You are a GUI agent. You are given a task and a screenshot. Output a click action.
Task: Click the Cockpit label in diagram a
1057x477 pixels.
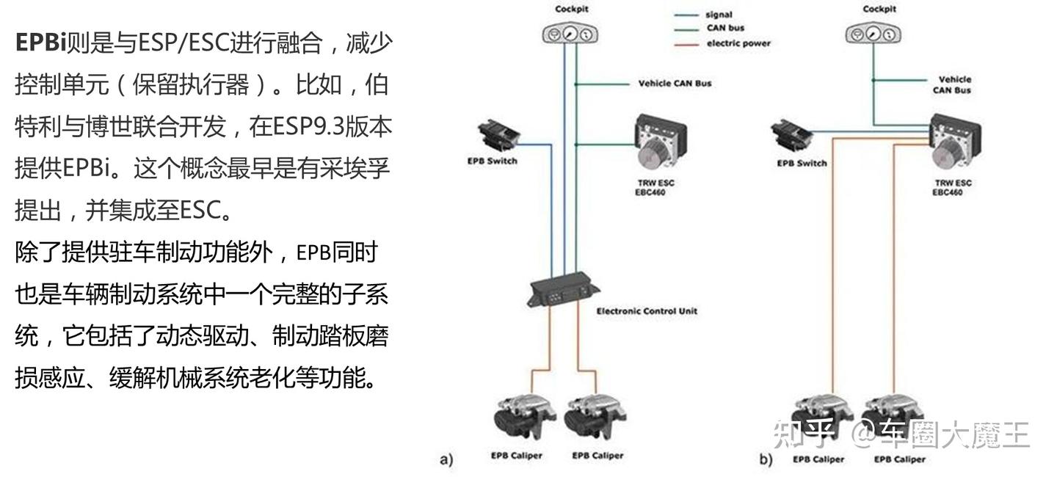(572, 9)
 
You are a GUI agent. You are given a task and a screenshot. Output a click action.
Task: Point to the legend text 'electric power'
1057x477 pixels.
(738, 43)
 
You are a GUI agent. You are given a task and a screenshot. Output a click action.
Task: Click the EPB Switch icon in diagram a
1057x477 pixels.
(498, 134)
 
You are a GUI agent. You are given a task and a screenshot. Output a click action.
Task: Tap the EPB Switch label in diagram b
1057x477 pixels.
(802, 163)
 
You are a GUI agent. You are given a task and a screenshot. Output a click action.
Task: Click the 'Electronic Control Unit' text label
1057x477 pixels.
(647, 311)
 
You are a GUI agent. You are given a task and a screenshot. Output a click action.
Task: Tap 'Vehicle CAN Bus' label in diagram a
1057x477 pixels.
(675, 84)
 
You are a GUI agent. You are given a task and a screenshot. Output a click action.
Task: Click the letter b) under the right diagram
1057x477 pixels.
(766, 461)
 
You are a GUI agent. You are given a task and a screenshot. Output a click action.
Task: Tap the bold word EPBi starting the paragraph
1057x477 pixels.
(40, 43)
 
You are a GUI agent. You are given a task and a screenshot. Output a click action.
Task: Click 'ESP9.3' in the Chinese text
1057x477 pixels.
(308, 127)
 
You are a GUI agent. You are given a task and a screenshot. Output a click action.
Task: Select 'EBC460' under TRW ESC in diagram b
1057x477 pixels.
(948, 193)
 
